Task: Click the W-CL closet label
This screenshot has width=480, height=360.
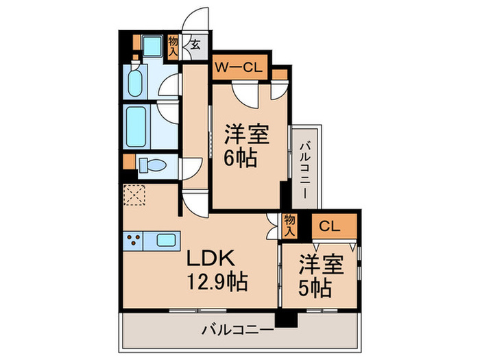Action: click(x=237, y=67)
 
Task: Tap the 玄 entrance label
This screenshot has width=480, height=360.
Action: click(x=195, y=46)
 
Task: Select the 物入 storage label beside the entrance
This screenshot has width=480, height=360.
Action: click(x=173, y=46)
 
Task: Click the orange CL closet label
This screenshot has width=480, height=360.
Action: click(x=330, y=226)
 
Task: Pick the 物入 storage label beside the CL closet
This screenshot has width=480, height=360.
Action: click(x=290, y=226)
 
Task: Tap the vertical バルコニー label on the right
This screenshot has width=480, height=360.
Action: click(x=305, y=165)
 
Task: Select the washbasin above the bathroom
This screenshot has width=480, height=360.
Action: click(x=134, y=82)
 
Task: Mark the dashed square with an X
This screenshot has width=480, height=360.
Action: click(x=134, y=195)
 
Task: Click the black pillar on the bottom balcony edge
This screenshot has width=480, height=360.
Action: click(x=283, y=319)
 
